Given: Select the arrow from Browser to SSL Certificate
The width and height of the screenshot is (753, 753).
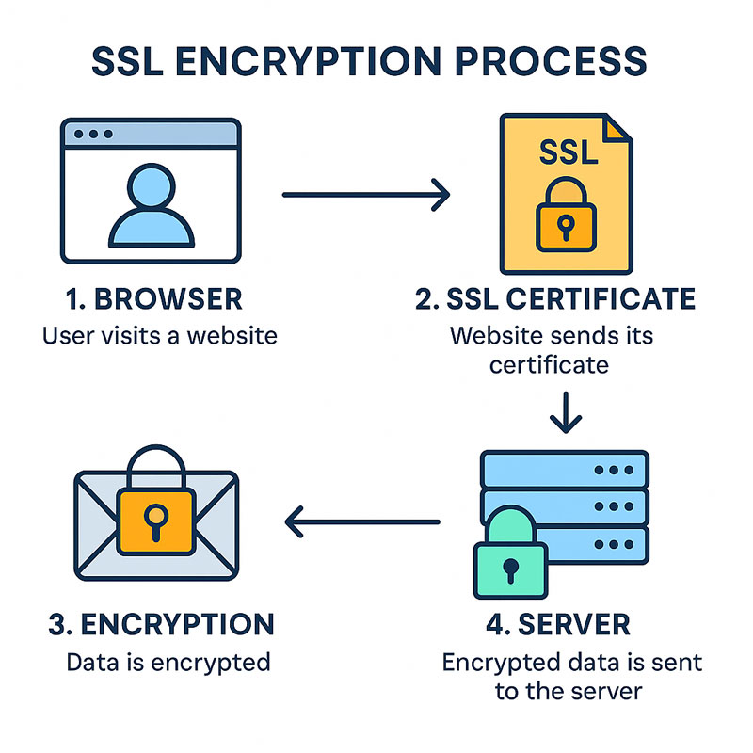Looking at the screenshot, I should (367, 195).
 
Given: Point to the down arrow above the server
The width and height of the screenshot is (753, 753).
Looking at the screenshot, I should (565, 414).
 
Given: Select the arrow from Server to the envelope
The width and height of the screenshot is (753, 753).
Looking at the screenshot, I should (362, 520).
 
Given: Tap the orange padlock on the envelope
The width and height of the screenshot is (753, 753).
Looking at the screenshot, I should (155, 513).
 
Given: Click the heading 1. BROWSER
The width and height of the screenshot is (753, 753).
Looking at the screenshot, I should (153, 299).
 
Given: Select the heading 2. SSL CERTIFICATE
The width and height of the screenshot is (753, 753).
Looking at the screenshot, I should (555, 299).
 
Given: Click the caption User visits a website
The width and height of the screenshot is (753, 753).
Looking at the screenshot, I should (160, 334).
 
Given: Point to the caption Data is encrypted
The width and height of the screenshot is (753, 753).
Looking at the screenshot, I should (168, 662).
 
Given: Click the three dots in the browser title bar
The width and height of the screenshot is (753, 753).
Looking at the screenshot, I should (92, 134).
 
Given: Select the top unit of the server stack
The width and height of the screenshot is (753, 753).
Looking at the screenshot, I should (565, 469).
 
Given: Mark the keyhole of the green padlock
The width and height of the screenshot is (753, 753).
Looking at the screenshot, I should (509, 569).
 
